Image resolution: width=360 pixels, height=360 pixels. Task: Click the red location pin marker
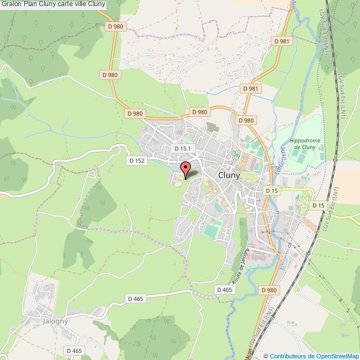pyautogui.click(x=186, y=168)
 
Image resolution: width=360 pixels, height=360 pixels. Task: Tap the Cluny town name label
pyautogui.click(x=229, y=174)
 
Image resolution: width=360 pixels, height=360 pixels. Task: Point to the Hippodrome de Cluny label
pyautogui.click(x=302, y=144)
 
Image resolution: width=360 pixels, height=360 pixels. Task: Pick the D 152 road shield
pyautogui.click(x=136, y=161)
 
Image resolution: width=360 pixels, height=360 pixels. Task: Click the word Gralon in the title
pyautogui.click(x=11, y=4)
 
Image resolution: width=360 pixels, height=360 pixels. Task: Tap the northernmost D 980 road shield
pyautogui.click(x=116, y=26)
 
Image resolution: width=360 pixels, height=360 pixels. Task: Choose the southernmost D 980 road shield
pyautogui.click(x=269, y=290)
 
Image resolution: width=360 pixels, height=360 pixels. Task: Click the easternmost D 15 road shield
pyautogui.click(x=318, y=205)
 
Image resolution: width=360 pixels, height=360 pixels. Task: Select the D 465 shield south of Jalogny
pyautogui.click(x=74, y=351)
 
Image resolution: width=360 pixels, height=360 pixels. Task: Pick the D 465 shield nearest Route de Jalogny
pyautogui.click(x=224, y=290)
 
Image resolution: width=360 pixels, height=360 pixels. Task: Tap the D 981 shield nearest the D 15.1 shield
pyautogui.click(x=251, y=89)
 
